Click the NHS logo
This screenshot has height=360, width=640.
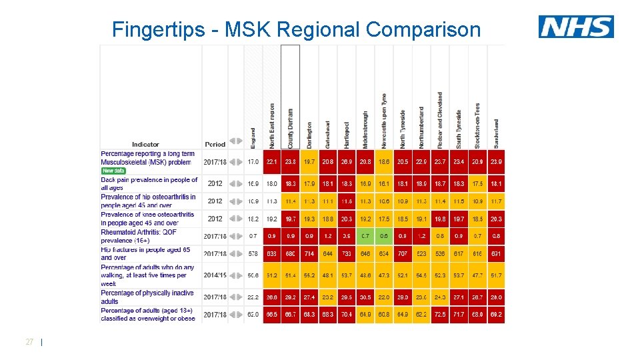576,27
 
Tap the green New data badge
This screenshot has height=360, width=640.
113,171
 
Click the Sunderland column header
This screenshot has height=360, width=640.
496,133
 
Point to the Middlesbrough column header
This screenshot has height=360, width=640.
365,130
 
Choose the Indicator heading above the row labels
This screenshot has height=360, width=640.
145,144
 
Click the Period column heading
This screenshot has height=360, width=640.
215,144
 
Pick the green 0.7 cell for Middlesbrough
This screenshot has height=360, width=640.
365,236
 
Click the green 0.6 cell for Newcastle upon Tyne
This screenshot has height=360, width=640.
384,236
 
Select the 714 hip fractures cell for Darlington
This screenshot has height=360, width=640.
309,254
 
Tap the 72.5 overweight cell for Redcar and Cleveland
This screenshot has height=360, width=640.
440,314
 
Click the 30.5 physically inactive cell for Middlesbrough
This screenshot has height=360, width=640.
365,297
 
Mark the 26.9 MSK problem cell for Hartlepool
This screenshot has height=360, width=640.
347,162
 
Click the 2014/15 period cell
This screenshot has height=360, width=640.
215,275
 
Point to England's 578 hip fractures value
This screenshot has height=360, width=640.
253,254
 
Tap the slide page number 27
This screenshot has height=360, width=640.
29,342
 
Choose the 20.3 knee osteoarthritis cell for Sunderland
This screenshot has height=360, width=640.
496,219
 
